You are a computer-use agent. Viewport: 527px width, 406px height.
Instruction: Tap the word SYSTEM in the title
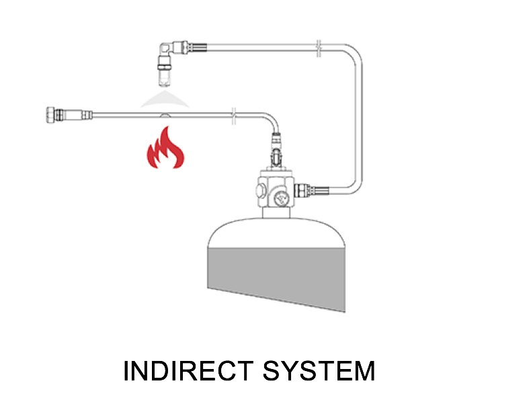tap(329, 372)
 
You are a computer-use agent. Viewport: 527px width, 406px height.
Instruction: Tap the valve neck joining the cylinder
tap(276, 213)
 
